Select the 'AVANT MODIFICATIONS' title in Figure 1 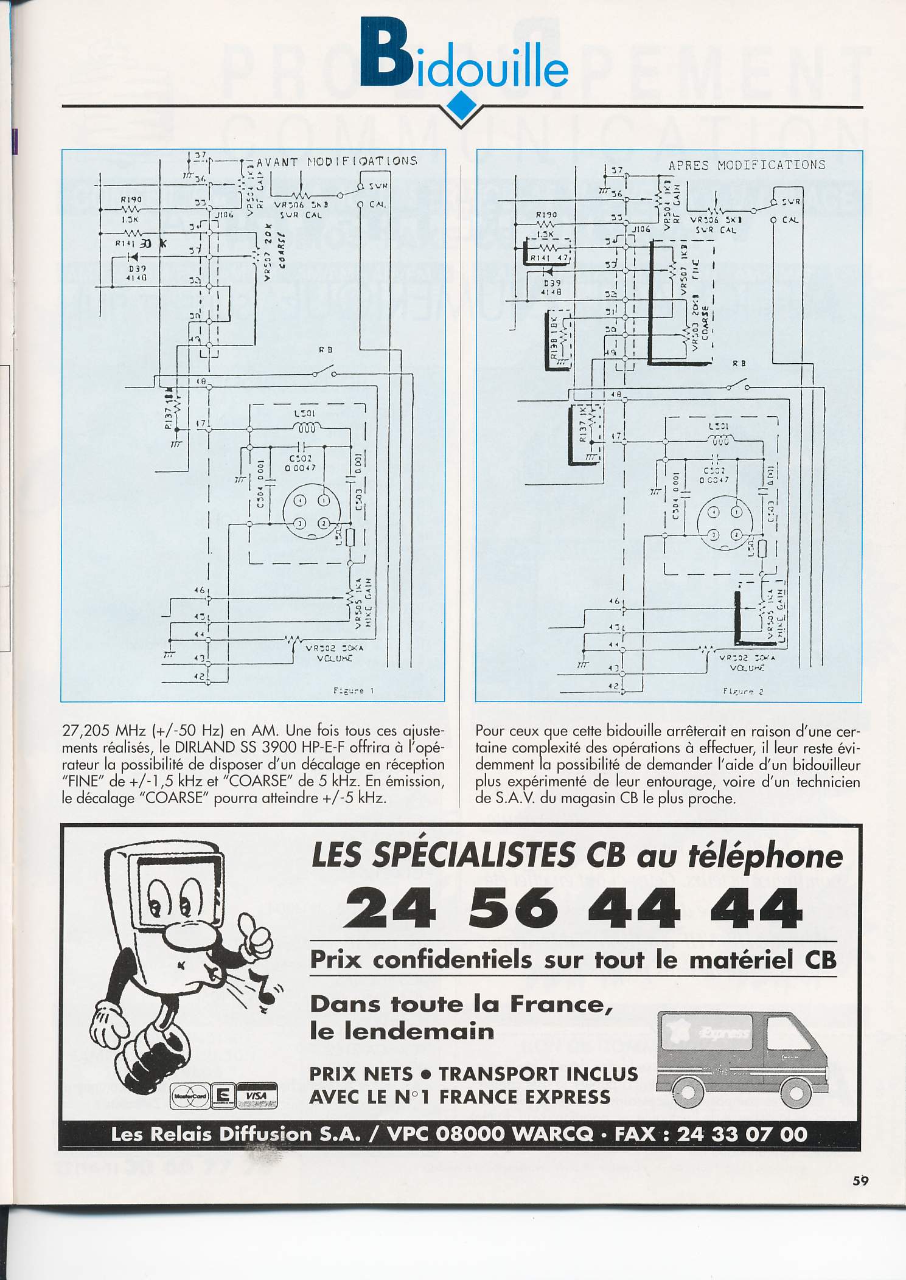337,161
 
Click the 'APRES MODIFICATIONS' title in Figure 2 747,165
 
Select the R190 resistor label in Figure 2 546,215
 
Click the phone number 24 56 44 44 572,908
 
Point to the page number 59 860,1180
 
